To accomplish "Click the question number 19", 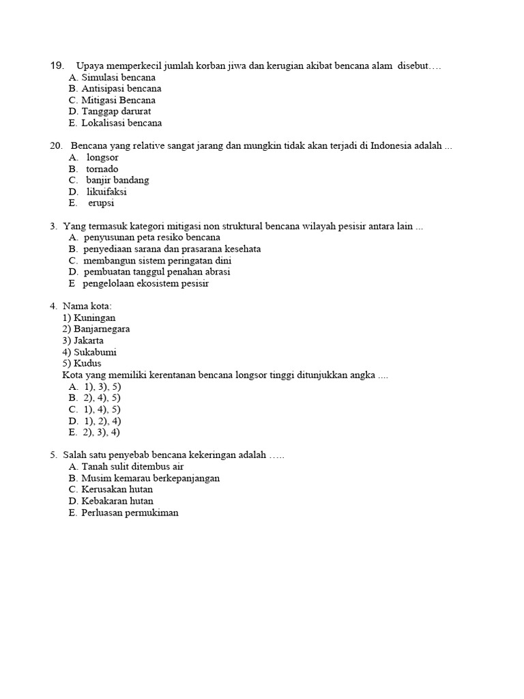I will pyautogui.click(x=57, y=66).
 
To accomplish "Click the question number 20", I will pyautogui.click(x=57, y=146).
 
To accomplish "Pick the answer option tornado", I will pyautogui.click(x=102, y=169).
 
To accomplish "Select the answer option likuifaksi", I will pyautogui.click(x=106, y=192).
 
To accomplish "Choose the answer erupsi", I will pyautogui.click(x=101, y=203).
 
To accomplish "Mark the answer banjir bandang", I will pyautogui.click(x=117, y=180).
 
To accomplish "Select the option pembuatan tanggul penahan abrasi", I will pyautogui.click(x=156, y=272).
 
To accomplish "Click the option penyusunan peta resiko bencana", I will pyautogui.click(x=151, y=238).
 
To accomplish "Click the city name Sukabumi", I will pyautogui.click(x=95, y=352).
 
